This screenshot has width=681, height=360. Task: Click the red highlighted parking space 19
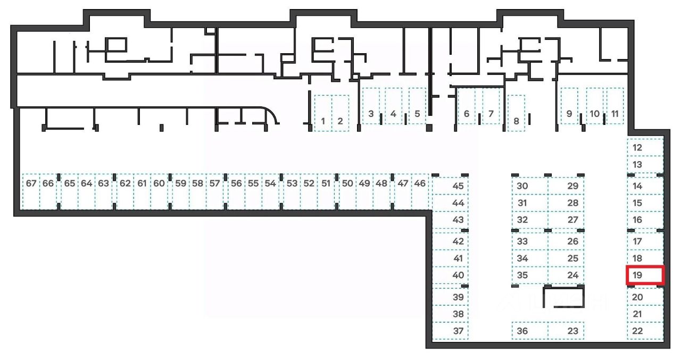645,275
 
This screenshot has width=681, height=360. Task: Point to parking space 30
529,186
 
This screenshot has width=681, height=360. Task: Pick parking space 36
529,331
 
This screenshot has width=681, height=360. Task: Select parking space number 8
516,113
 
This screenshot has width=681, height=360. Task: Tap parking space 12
645,147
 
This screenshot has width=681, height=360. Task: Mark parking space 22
645,331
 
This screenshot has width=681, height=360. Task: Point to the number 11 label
615,113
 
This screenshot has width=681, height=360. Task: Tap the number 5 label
417,113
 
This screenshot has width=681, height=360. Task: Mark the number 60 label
159,183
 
